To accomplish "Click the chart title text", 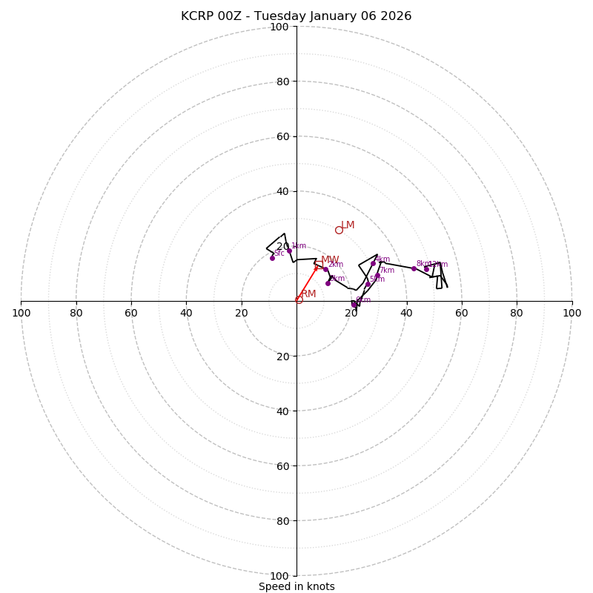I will tap(296, 16).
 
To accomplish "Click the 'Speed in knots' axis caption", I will tap(296, 586).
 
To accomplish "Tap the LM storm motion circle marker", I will tap(339, 230).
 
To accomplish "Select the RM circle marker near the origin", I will tap(299, 299).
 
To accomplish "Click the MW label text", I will tap(330, 260).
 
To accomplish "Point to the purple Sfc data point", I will tap(272, 258).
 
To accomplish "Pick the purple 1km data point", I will tap(289, 251).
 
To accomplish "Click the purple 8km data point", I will tap(414, 268).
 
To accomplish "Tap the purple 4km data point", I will tap(373, 263).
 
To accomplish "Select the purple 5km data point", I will tap(368, 284).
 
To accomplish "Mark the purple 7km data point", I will tap(377, 275).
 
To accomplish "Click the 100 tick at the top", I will tap(279, 27).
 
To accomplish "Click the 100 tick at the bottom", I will tap(279, 575).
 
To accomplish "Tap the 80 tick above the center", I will tap(282, 82).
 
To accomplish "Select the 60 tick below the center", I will tap(282, 466).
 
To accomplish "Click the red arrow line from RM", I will tap(307, 284).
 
